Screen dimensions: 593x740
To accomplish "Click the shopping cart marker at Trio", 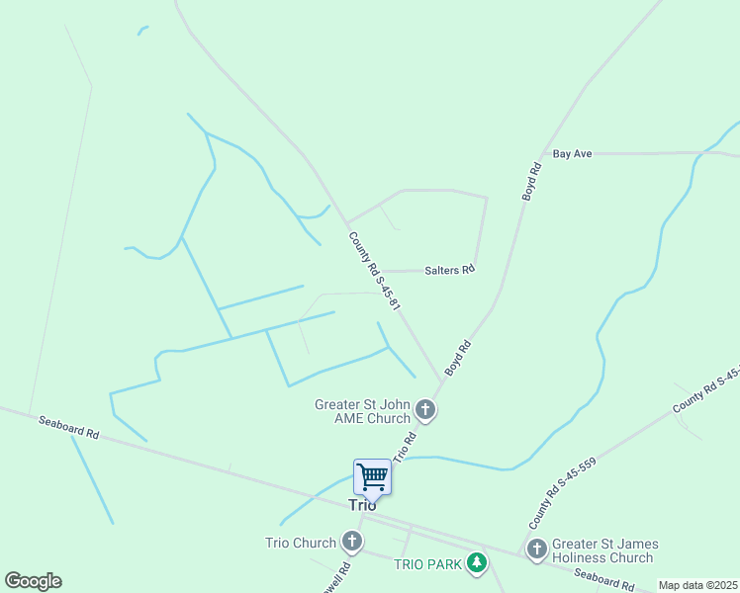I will pos(373,476).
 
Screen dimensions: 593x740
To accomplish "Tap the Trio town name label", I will pos(363,504).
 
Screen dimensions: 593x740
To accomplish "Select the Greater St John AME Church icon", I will pos(425,409).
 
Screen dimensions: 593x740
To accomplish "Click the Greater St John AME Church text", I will pos(362,411).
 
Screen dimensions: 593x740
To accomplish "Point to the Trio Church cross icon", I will pos(351,542).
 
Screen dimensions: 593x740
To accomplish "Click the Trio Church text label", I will pos(301,543).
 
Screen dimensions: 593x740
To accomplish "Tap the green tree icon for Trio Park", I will pos(478,563).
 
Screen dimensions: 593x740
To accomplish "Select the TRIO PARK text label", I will pos(427,564).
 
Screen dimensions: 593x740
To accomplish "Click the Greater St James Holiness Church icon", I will pos(537,549).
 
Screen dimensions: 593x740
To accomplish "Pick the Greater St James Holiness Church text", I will pos(604,551).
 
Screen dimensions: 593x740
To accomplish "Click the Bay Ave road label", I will pos(572,154).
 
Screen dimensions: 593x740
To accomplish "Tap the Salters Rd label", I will pos(450,270).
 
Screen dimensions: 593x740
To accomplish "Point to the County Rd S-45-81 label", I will pos(374,272).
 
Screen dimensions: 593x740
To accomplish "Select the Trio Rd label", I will pos(404,448).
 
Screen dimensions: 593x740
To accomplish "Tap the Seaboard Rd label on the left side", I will pos(69,427).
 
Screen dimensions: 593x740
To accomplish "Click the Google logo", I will pos(33,581).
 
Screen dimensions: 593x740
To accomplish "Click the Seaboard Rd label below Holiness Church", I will pos(603,580).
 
